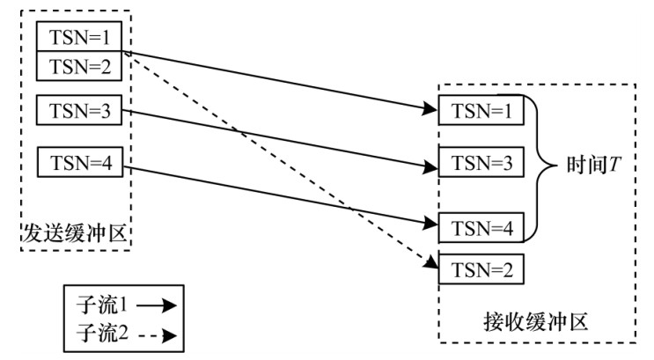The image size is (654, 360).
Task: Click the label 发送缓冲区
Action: pyautogui.click(x=76, y=235)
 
